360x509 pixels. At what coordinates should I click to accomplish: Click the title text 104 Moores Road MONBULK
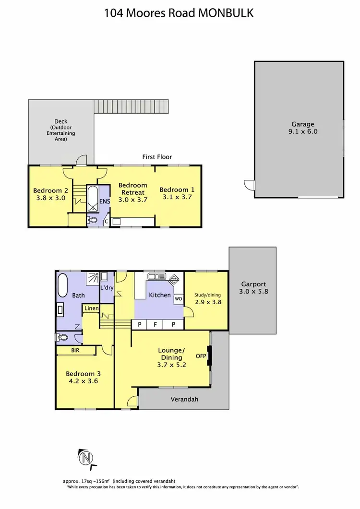click(180, 13)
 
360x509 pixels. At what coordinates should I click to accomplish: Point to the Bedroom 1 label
click(177, 189)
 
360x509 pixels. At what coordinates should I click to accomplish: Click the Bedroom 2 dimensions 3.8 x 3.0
click(50, 197)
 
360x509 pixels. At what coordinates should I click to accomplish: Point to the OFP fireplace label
click(200, 356)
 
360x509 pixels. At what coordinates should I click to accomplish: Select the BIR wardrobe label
click(75, 351)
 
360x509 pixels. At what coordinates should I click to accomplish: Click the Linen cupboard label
click(91, 308)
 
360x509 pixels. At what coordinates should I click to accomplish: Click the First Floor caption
click(157, 157)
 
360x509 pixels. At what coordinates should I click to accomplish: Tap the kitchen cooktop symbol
click(173, 278)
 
